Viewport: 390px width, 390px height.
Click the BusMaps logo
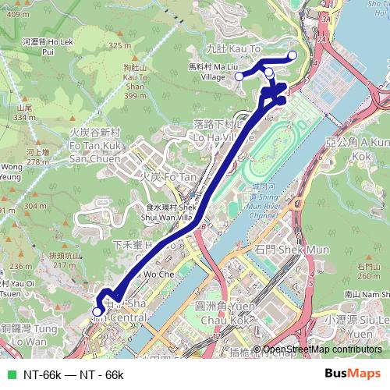pos(353,374)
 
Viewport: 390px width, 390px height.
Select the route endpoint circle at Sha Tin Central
pos(97,311)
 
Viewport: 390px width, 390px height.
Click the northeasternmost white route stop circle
pos(292,55)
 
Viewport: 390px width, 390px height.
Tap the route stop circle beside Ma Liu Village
pos(239,76)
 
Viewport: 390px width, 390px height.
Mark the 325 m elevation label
pos(121,45)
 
